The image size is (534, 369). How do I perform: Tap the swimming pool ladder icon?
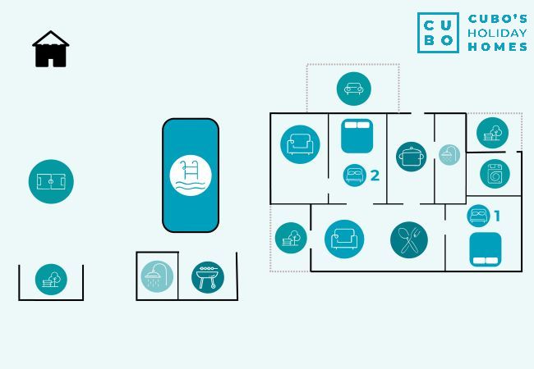(x=191, y=175)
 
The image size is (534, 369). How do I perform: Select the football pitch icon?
(x=51, y=181)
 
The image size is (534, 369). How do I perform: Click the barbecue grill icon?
(x=208, y=276)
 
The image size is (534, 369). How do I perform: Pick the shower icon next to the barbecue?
(x=157, y=276)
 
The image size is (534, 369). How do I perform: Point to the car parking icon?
(x=353, y=89)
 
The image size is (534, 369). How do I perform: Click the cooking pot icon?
(x=411, y=156)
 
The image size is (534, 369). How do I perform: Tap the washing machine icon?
(x=495, y=174)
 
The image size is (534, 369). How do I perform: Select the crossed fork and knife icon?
(x=408, y=239)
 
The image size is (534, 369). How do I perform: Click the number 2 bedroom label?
(x=375, y=175)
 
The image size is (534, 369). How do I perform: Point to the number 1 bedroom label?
(x=496, y=216)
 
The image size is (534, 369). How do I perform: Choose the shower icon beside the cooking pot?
(x=449, y=155)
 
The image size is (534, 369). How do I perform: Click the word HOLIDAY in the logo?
(x=497, y=33)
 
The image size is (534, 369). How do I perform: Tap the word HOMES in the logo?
(x=497, y=47)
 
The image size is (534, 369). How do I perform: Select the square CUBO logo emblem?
(x=438, y=33)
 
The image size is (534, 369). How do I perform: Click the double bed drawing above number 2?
(x=357, y=135)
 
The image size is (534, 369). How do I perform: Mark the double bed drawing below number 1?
(x=486, y=249)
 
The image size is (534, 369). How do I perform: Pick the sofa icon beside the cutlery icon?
(x=343, y=239)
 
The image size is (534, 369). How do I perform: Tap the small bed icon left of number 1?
(x=477, y=216)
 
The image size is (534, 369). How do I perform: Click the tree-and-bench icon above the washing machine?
(x=492, y=133)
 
